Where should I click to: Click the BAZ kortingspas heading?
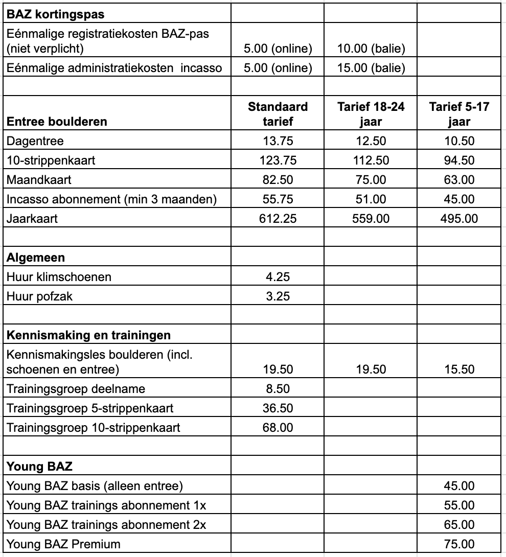tap(55, 14)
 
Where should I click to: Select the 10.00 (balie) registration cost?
tap(371, 49)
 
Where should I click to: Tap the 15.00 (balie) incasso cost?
tap(371, 68)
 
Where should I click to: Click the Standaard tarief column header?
tap(278, 114)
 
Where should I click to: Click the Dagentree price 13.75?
tap(278, 141)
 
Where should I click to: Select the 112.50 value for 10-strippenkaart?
tap(371, 160)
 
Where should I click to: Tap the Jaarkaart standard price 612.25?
tap(278, 219)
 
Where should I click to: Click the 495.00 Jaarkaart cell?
tap(459, 219)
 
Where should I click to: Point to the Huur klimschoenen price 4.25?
tap(278, 277)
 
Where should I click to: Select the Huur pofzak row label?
tap(39, 296)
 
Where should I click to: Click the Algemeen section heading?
tap(36, 258)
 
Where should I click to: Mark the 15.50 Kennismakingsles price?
tap(459, 369)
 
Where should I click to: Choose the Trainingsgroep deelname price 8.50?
tap(278, 389)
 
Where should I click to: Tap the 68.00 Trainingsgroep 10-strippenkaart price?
tap(278, 427)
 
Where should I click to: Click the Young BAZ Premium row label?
tap(63, 544)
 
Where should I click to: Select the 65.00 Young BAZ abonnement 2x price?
tap(459, 525)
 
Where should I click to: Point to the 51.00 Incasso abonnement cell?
tap(371, 199)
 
